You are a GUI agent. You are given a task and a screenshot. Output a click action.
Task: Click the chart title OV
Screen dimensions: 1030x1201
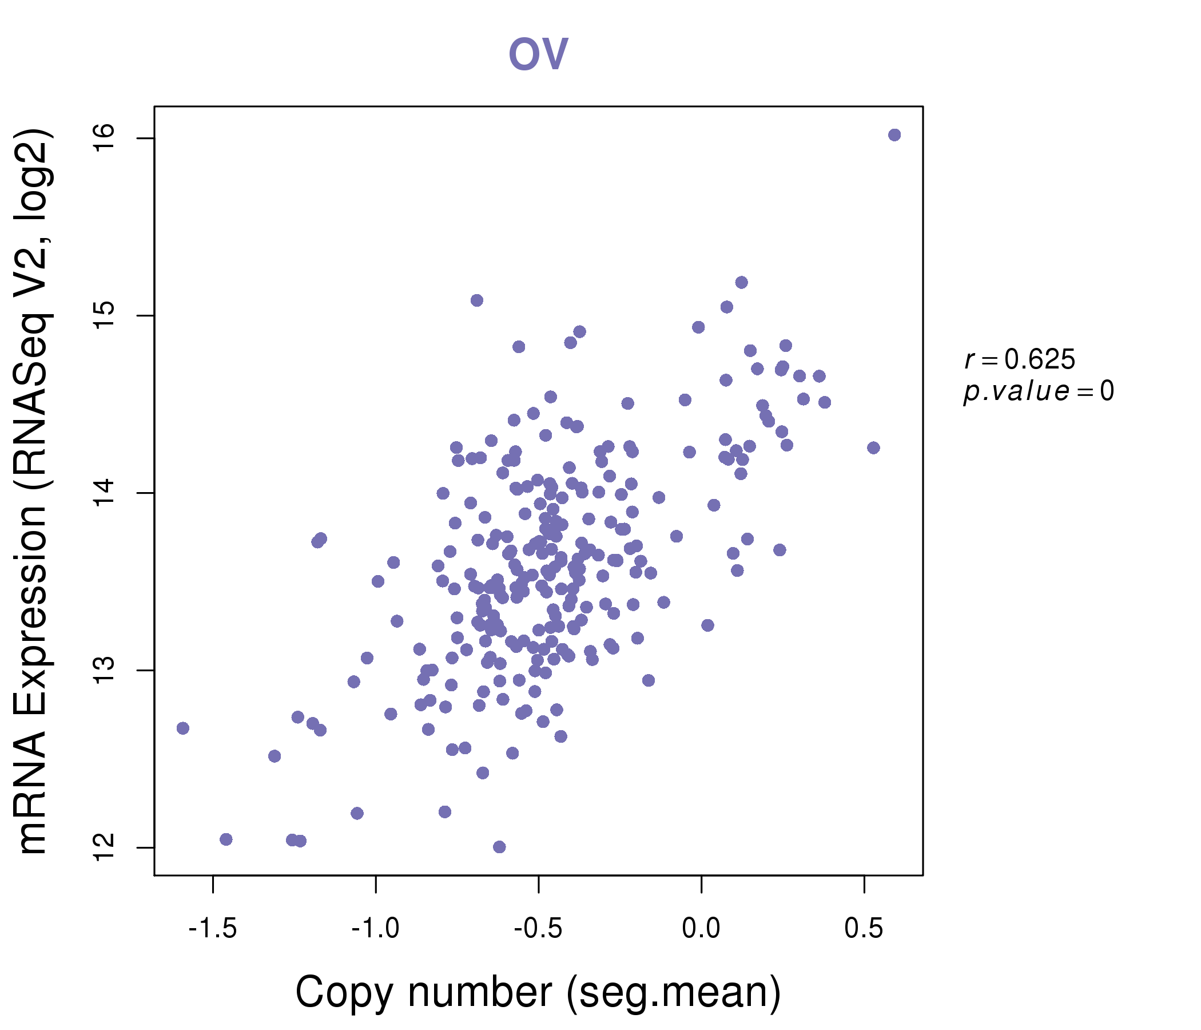(538, 54)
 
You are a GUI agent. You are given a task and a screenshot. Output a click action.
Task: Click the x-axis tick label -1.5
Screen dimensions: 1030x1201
(213, 929)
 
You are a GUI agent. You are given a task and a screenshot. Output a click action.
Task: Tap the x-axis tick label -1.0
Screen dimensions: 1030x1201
(376, 929)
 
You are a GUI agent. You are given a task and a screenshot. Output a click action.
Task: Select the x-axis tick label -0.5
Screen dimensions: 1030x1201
(539, 929)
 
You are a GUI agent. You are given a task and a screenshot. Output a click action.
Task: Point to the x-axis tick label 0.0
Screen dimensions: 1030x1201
(701, 929)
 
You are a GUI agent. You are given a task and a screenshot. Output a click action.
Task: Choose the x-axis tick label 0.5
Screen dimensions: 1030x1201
(864, 929)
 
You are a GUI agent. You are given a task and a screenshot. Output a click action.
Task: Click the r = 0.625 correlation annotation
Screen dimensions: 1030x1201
(1020, 360)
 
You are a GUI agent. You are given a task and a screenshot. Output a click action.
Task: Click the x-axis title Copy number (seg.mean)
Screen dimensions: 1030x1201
(538, 992)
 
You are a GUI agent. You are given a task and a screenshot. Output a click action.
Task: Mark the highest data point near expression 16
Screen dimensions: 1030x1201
(894, 135)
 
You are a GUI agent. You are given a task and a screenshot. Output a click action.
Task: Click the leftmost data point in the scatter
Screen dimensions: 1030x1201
(183, 728)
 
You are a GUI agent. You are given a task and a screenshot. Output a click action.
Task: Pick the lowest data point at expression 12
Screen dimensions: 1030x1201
(499, 847)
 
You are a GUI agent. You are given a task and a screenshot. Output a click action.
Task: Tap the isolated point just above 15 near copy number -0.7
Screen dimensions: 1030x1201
(477, 300)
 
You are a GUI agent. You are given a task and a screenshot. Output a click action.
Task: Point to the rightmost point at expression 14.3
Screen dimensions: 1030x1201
(873, 447)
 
